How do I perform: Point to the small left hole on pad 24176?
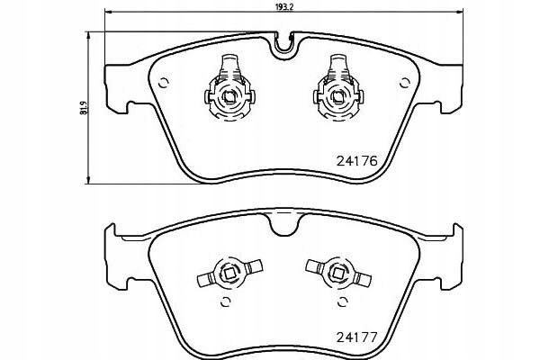(163, 85)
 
